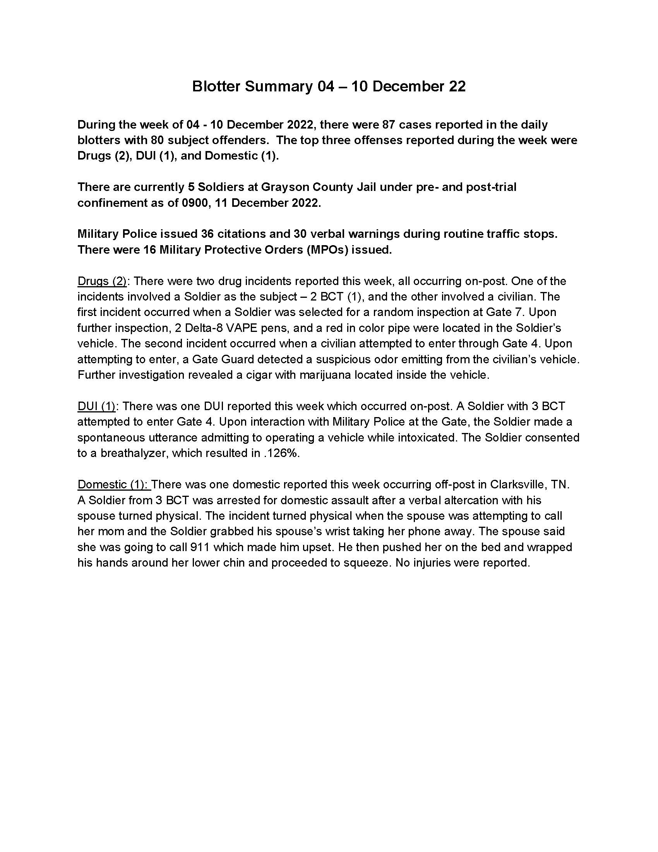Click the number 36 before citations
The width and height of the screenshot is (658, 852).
(208, 234)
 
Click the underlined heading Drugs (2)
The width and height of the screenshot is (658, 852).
(102, 281)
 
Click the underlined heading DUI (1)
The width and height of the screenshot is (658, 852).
(96, 406)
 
